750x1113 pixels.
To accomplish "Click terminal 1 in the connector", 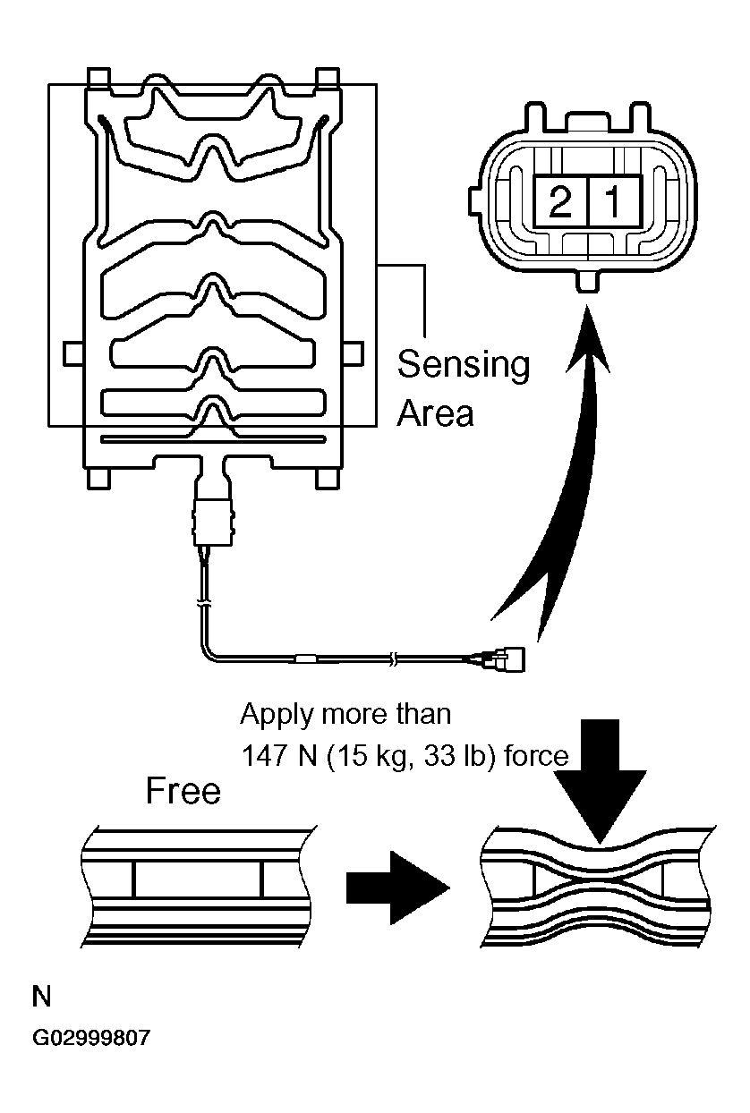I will [x=614, y=203].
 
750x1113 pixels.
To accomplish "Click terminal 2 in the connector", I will [x=560, y=203].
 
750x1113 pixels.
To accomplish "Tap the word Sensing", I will [x=463, y=365].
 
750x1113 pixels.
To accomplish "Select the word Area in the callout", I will [x=435, y=412].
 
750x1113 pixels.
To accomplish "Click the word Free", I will [x=183, y=791].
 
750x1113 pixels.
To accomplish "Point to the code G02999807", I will [x=91, y=1039].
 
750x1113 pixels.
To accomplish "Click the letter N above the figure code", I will [x=41, y=996].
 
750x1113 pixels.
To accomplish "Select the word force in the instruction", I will [x=536, y=757].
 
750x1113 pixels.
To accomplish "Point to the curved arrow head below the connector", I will [x=586, y=344].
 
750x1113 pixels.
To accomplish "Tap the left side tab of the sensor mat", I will [x=72, y=354].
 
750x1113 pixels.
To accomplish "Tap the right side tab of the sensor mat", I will [x=353, y=354].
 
